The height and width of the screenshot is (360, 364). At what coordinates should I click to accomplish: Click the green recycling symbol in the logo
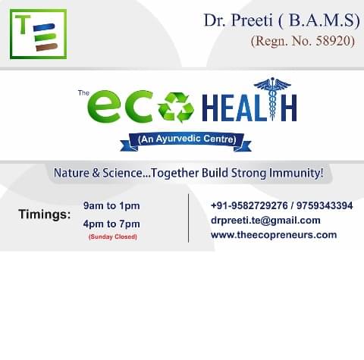coord(176,107)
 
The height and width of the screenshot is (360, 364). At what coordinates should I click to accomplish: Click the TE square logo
coord(38,34)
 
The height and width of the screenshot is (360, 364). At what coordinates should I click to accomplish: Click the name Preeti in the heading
coord(252,20)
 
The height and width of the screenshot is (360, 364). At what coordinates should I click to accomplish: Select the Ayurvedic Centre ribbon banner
coord(186,142)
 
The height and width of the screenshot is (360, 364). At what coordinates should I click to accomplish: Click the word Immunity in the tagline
coord(296,173)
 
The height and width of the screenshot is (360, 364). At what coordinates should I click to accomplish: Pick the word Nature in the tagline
coord(71,173)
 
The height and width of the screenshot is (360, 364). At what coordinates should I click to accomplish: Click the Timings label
coord(45,214)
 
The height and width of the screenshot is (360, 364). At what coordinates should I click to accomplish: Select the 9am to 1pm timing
coord(111,206)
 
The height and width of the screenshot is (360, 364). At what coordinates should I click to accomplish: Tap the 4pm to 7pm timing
coord(111,224)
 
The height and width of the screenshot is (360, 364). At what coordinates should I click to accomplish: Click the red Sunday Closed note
coord(113,236)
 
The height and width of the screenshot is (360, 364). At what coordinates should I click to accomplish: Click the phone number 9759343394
coord(325,205)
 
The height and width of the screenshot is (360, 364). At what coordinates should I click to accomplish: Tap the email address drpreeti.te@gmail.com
coord(265,221)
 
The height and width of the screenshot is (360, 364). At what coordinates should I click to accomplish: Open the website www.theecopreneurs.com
coord(274,235)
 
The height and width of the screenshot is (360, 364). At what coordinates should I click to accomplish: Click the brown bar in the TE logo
coord(47,47)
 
